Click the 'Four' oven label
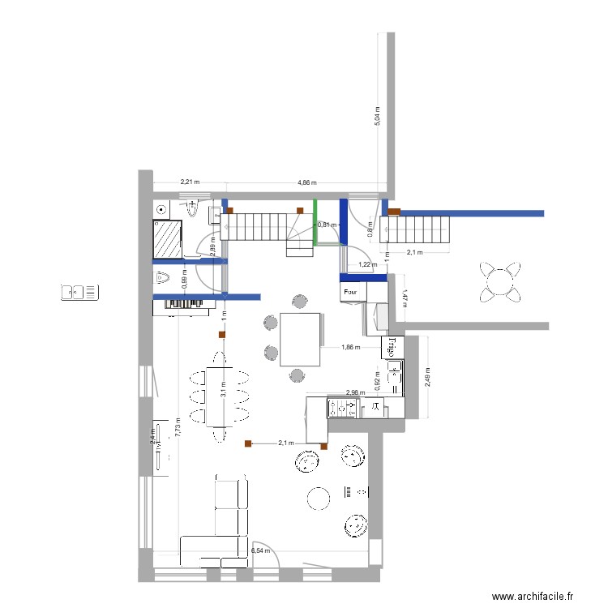350,290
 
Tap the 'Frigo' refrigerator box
392,347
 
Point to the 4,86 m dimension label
307,183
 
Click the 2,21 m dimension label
190,183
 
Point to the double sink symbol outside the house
80,292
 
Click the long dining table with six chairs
219,396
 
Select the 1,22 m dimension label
368,264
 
